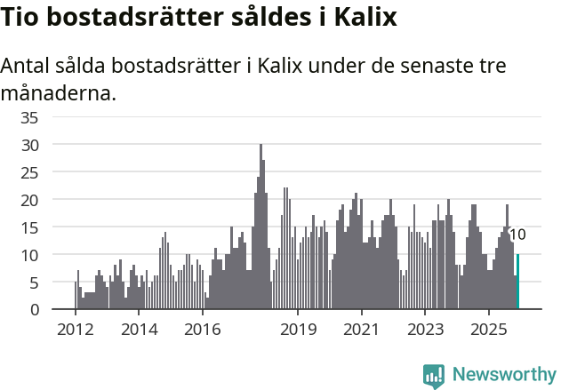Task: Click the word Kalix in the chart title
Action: coord(365,18)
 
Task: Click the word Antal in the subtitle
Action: coord(28,67)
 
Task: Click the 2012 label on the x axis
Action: coord(75,330)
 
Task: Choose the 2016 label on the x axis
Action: coord(203,330)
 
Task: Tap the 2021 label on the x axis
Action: coord(362,330)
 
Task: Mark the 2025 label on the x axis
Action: coord(489,330)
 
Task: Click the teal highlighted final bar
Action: coord(517,283)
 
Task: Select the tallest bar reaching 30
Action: coord(260,227)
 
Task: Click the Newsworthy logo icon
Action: coord(434,376)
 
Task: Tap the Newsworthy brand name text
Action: coord(504,375)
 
